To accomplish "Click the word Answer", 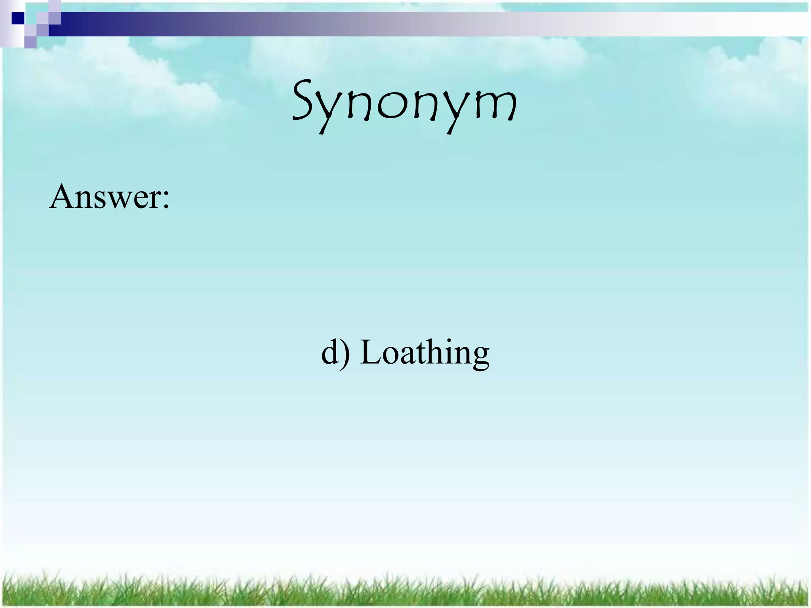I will coord(104,197).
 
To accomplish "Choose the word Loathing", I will coord(425,352).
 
